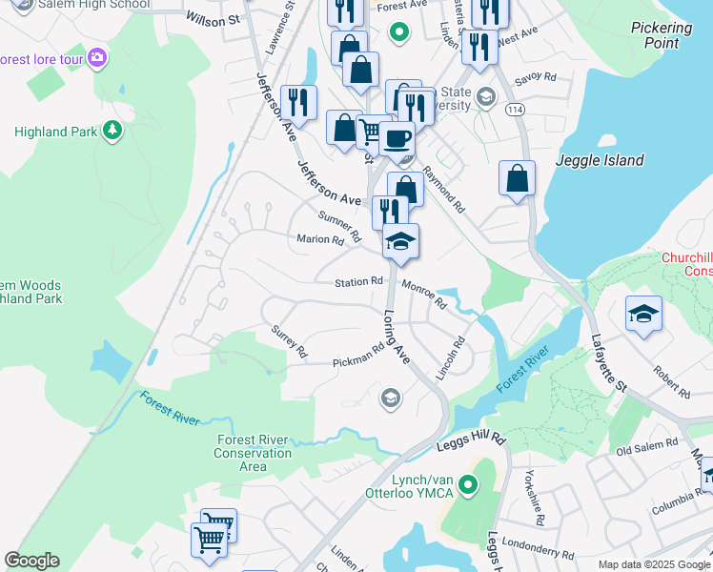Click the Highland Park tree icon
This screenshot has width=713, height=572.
(x=112, y=130)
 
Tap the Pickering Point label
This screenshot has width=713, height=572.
(x=661, y=35)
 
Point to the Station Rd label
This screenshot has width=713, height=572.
(x=358, y=282)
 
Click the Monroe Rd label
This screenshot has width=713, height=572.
(x=424, y=294)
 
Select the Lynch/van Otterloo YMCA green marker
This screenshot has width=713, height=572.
(x=467, y=486)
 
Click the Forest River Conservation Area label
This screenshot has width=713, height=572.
(x=253, y=453)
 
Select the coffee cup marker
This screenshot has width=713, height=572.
(x=397, y=139)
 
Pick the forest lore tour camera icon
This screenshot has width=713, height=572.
(x=96, y=59)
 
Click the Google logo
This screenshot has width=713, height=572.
(x=31, y=561)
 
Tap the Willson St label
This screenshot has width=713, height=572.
(x=212, y=18)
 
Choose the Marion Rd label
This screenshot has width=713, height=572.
(x=319, y=240)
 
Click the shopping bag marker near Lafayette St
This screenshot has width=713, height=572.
(x=517, y=178)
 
